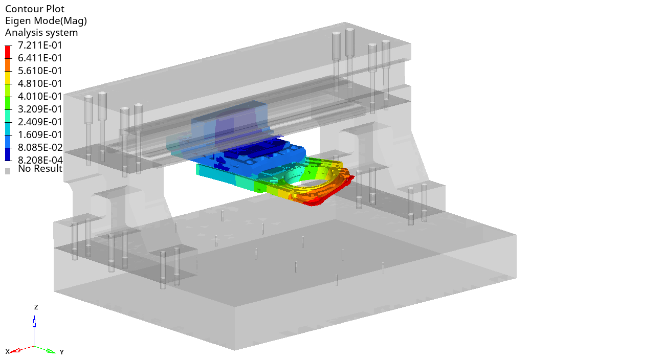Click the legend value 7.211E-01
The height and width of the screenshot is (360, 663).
40,46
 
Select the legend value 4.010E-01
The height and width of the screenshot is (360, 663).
40,97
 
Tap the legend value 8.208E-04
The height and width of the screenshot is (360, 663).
40,161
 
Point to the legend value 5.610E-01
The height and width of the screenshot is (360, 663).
40,71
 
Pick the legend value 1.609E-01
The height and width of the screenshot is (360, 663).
40,134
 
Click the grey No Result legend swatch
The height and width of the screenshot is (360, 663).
8,171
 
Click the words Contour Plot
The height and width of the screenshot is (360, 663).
35,9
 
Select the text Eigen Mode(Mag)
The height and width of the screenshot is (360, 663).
46,21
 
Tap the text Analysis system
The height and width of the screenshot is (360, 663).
41,33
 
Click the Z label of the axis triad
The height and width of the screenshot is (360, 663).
36,307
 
